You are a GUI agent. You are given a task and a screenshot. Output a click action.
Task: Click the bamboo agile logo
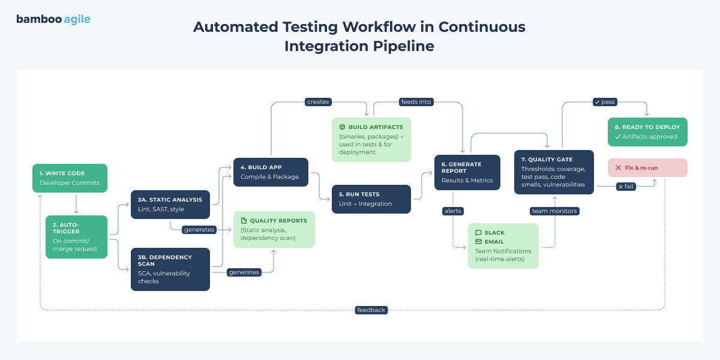tap(53, 19)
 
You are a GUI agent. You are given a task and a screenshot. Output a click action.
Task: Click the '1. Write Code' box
tap(70, 178)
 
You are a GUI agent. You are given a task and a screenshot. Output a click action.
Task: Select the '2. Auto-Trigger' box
tap(76, 237)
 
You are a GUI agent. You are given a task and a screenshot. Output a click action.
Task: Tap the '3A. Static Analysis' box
tap(170, 205)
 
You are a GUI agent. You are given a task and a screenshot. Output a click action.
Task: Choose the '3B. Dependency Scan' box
tap(170, 269)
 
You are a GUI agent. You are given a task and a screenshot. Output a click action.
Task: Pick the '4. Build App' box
tap(271, 172)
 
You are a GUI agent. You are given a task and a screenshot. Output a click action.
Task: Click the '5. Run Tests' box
tap(371, 199)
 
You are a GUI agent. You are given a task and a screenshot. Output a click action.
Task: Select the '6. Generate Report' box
tap(467, 173)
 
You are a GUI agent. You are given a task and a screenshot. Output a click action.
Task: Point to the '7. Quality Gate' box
tap(554, 172)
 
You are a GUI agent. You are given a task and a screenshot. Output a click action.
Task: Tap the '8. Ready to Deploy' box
tap(647, 132)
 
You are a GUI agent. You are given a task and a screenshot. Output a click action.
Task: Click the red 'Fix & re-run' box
tap(647, 168)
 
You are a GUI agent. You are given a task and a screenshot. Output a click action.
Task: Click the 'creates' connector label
tap(318, 102)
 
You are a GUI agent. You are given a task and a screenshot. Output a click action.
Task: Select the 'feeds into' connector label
tap(416, 102)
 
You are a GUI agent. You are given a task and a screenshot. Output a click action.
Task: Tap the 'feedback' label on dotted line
tap(371, 310)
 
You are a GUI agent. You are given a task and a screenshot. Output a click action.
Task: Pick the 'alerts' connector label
tap(452, 211)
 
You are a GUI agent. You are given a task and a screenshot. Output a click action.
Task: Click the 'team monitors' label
tap(554, 211)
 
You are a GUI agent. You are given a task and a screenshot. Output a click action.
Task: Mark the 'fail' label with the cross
tap(626, 187)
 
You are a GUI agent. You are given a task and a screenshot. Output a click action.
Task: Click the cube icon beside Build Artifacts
tap(342, 127)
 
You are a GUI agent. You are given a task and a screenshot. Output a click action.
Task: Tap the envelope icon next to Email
tap(478, 242)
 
